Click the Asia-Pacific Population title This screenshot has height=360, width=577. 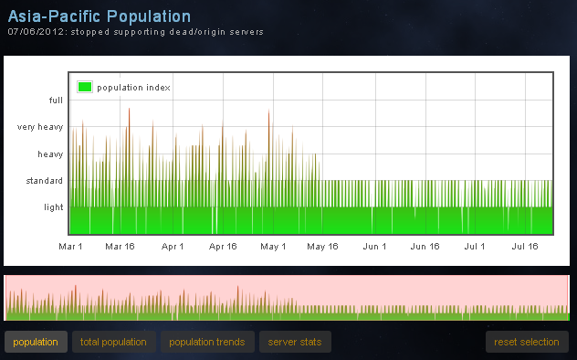click(x=99, y=16)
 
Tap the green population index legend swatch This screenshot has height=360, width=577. click(x=84, y=88)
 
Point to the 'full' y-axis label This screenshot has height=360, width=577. click(x=56, y=100)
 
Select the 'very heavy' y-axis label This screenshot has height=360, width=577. click(x=40, y=127)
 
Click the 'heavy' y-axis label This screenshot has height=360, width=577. click(x=50, y=154)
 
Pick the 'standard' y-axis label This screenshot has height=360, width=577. click(x=45, y=180)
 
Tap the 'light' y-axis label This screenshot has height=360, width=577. click(x=54, y=206)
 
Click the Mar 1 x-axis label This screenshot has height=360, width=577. click(x=70, y=246)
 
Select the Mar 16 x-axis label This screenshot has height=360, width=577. click(x=121, y=246)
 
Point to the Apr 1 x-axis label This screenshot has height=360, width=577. click(x=173, y=246)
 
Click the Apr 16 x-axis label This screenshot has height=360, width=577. click(x=223, y=246)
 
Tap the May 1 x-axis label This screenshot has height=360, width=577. click(x=274, y=246)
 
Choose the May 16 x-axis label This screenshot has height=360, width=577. click(x=323, y=246)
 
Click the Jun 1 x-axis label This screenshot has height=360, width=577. click(x=375, y=246)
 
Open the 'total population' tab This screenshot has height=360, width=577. click(x=113, y=342)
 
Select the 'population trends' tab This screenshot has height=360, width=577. click(x=207, y=342)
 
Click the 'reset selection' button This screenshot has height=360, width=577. click(x=527, y=342)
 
